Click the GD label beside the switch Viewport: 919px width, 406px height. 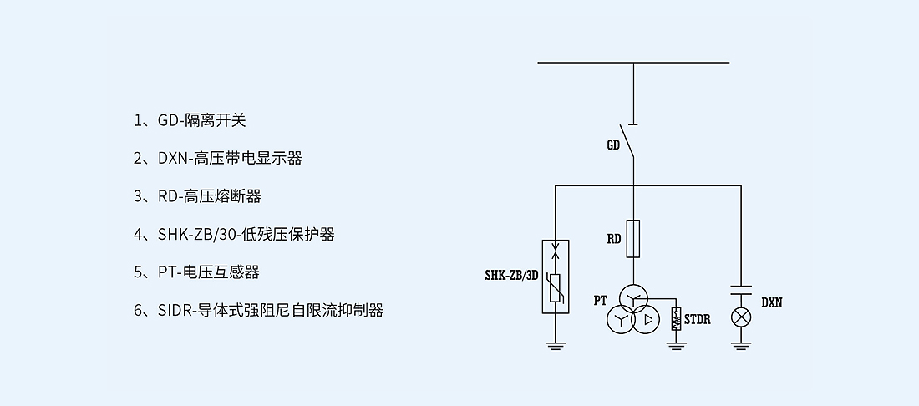(x=613, y=145)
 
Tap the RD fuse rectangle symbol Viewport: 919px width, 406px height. (x=633, y=237)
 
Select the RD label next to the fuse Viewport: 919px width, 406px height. (x=613, y=239)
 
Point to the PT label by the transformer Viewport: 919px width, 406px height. (x=600, y=300)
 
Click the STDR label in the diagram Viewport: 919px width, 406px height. (x=698, y=319)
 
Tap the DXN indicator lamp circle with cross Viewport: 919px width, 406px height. (x=741, y=318)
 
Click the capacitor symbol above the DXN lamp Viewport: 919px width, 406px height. (x=741, y=292)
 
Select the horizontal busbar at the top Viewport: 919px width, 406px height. (x=633, y=63)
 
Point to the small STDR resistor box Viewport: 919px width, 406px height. (x=676, y=318)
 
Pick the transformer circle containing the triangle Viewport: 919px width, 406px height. (x=647, y=319)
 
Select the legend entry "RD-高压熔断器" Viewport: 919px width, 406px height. (x=209, y=196)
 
